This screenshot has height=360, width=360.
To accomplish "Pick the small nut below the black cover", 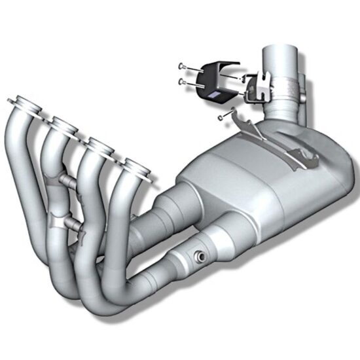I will point(221,117).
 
